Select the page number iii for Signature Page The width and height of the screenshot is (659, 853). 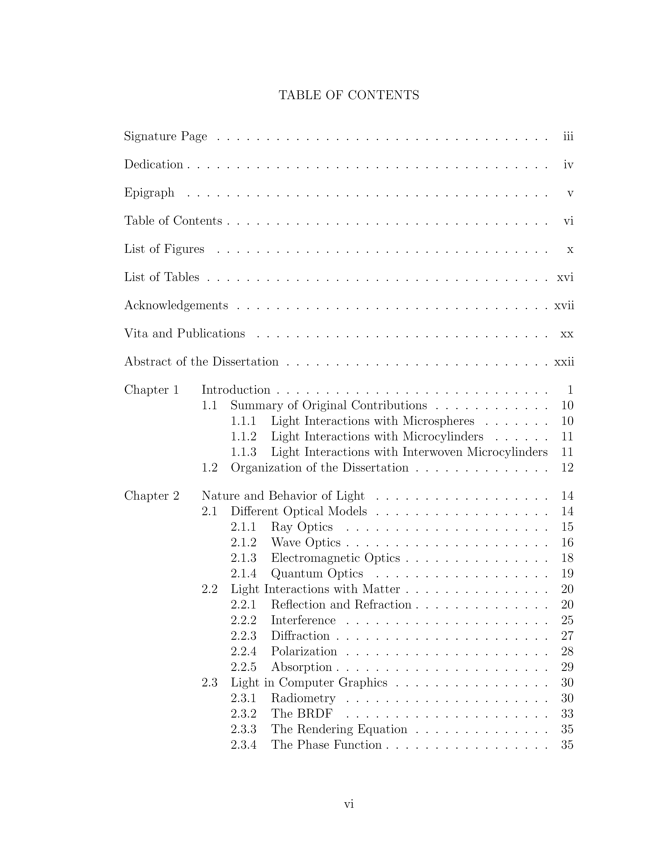pyautogui.click(x=568, y=136)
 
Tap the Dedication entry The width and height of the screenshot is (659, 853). pyautogui.click(x=153, y=164)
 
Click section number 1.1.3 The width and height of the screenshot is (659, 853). pyautogui.click(x=243, y=452)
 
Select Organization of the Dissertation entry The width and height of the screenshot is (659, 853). pyautogui.click(x=319, y=467)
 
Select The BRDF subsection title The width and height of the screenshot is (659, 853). pyautogui.click(x=302, y=714)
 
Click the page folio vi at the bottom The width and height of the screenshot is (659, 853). pyautogui.click(x=349, y=804)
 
